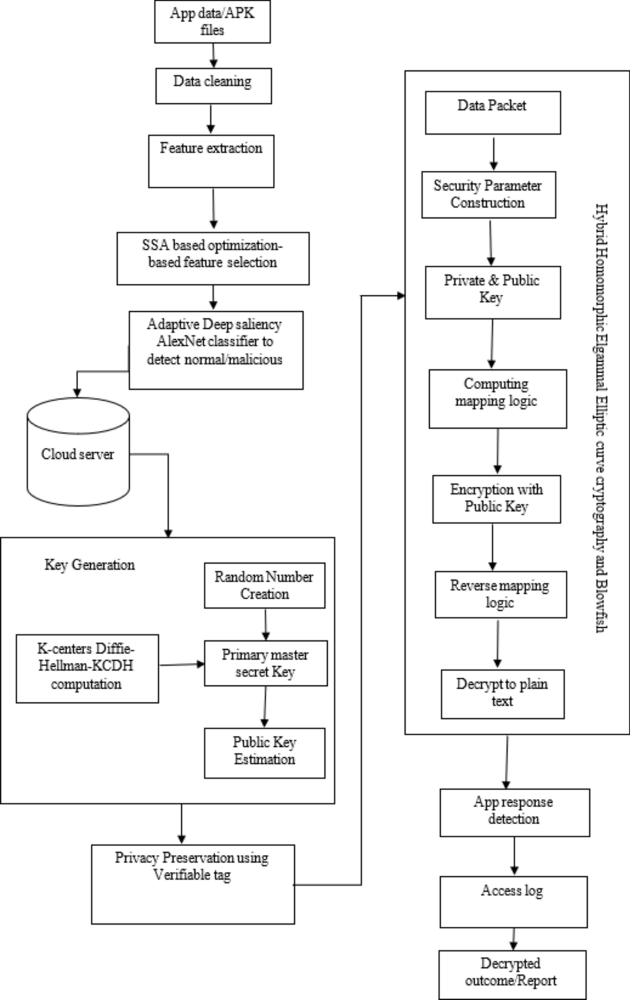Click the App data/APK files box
[x=212, y=22]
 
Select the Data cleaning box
[x=213, y=86]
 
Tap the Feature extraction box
[x=211, y=161]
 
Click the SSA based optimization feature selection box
[x=213, y=258]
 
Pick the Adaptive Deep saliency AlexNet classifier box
[x=216, y=350]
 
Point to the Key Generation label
[x=90, y=565]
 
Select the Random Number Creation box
[x=265, y=585]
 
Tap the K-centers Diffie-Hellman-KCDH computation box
[x=87, y=668]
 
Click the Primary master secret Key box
[x=265, y=663]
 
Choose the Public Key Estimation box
[x=265, y=753]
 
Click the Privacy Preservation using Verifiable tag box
[x=193, y=884]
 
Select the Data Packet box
[x=493, y=113]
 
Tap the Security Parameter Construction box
[x=489, y=194]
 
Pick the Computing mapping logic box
[x=497, y=399]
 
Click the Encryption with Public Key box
[x=496, y=499]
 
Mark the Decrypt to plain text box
[x=503, y=694]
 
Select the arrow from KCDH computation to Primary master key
[x=182, y=665]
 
